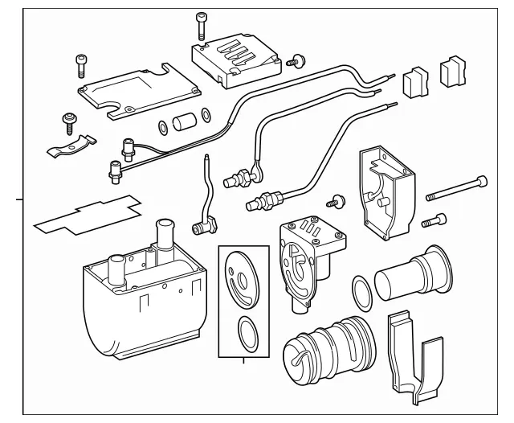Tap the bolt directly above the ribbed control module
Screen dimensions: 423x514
pyautogui.click(x=200, y=23)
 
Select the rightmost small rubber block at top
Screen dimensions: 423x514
pyautogui.click(x=454, y=72)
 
